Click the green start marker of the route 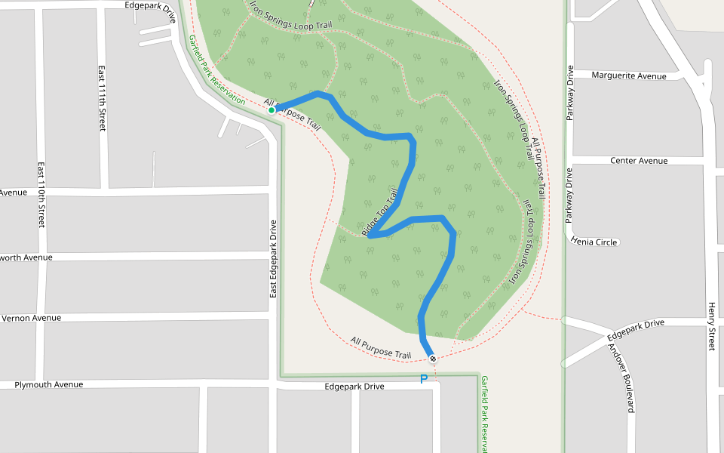[x=271, y=110]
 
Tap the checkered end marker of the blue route [x=432, y=358]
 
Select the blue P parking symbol [x=424, y=379]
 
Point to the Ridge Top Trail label [x=381, y=217]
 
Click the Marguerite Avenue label [x=629, y=75]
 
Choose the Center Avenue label [x=639, y=161]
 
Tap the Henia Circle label [x=595, y=242]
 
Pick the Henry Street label [x=711, y=325]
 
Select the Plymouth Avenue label [x=49, y=384]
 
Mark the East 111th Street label [x=101, y=98]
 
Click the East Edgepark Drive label [x=273, y=257]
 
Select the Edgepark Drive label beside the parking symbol [x=354, y=387]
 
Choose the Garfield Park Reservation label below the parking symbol [x=485, y=414]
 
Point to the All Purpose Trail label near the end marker [x=381, y=348]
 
